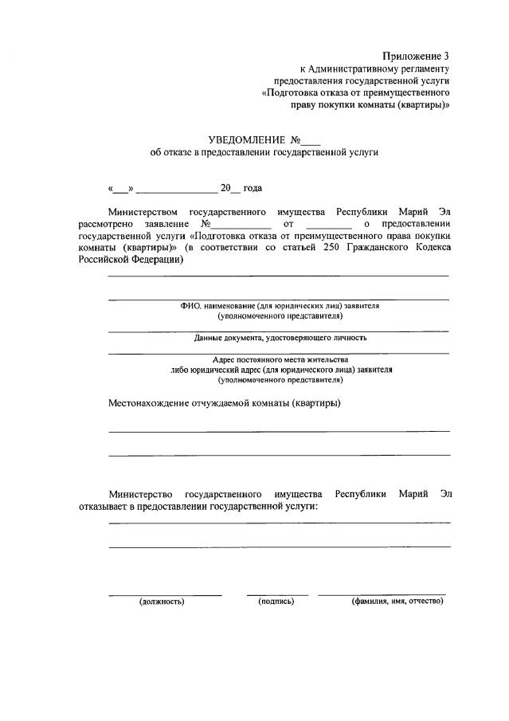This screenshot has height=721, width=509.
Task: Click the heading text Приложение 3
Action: click(x=416, y=56)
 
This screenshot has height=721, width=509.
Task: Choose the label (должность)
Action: click(x=162, y=601)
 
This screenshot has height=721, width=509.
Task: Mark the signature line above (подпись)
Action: click(x=277, y=594)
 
